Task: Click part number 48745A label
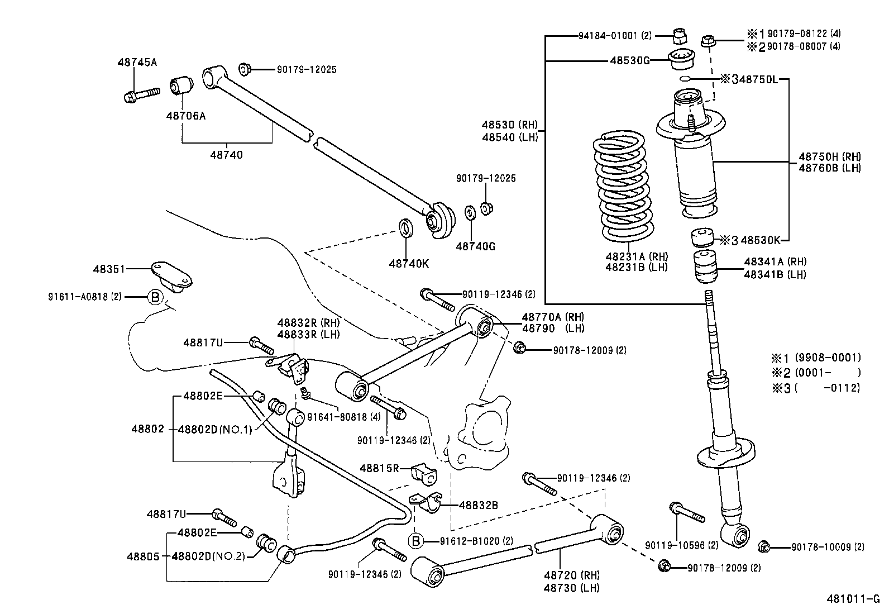click(x=137, y=62)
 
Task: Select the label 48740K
click(x=409, y=264)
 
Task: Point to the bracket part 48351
click(x=170, y=276)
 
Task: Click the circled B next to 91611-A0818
click(x=156, y=297)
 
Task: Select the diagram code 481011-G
click(x=853, y=599)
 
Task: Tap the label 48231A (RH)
click(x=637, y=256)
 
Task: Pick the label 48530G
click(x=629, y=60)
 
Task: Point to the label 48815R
click(x=379, y=468)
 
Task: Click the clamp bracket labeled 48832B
click(x=427, y=502)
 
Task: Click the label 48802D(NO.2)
click(x=209, y=556)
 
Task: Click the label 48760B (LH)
click(x=829, y=168)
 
